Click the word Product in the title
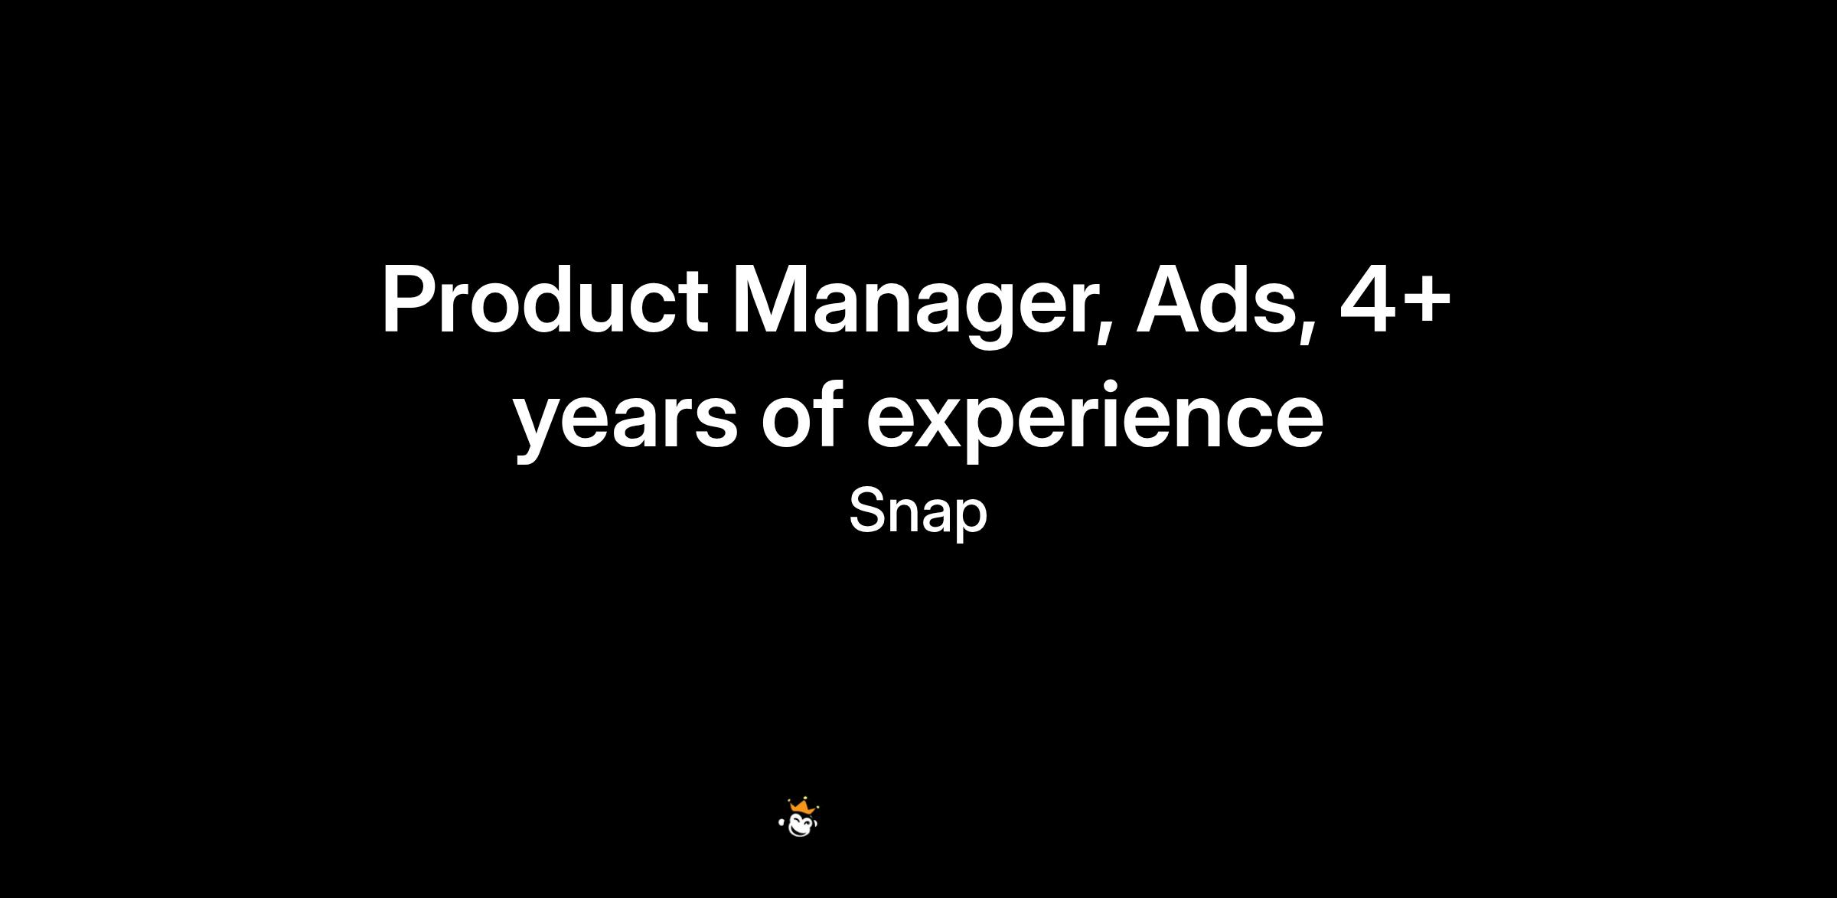point(545,299)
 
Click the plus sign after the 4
point(1426,303)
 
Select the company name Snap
point(918,513)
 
